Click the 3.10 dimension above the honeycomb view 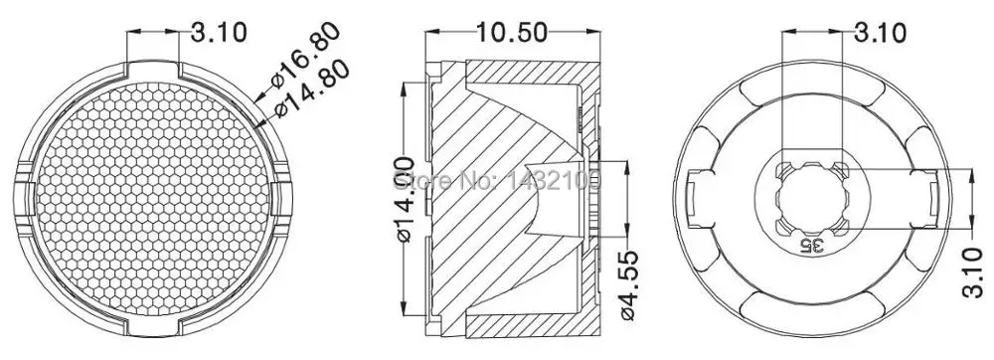click(218, 32)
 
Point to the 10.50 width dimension click(512, 33)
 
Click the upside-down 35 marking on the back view click(812, 243)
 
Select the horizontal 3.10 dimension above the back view click(878, 33)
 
